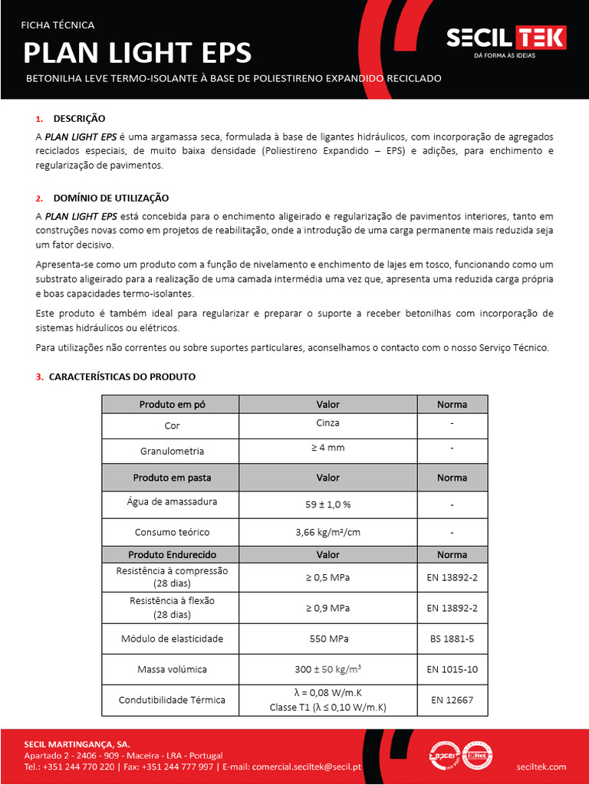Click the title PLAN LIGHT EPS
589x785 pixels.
[137, 53]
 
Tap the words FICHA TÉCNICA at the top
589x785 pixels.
[58, 25]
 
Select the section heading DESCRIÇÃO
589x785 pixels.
[79, 119]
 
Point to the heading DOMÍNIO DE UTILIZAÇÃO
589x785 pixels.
[110, 198]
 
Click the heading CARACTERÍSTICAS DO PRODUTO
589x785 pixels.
[122, 376]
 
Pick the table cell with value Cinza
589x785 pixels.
[327, 423]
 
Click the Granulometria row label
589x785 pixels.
[172, 451]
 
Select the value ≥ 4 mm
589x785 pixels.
[327, 447]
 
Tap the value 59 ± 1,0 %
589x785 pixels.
[327, 504]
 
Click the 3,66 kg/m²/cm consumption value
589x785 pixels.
[327, 532]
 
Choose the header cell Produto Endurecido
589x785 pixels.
[172, 554]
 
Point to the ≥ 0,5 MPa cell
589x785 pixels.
[327, 577]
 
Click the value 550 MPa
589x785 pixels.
[327, 638]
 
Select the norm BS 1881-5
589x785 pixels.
[452, 638]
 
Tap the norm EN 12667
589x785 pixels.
[452, 699]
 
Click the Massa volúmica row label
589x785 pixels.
[172, 669]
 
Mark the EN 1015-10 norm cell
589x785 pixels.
[452, 669]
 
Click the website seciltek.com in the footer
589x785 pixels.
[541, 766]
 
